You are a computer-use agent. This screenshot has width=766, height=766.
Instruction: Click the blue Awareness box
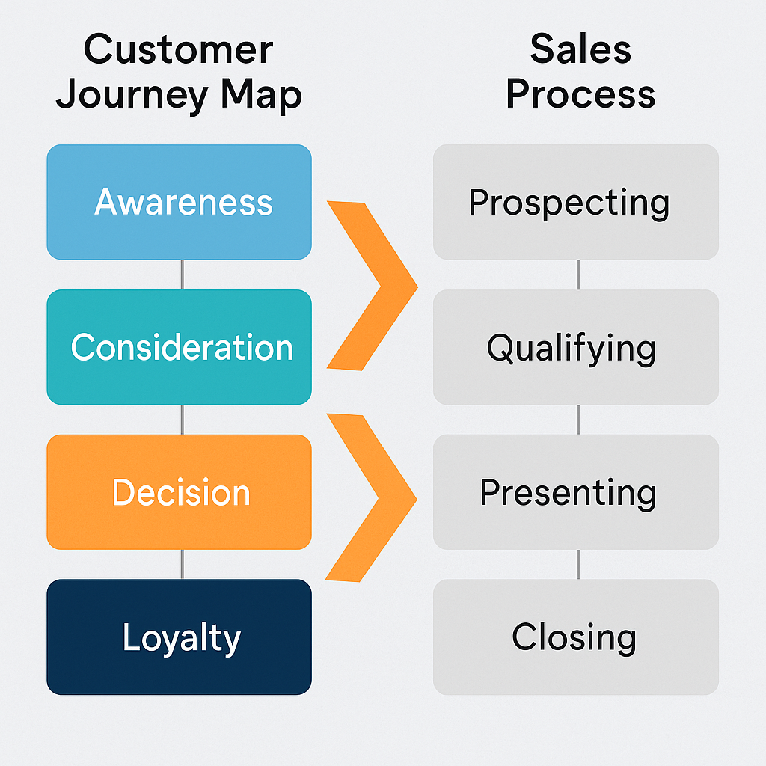point(180,202)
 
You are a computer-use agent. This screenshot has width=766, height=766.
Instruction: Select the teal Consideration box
point(180,347)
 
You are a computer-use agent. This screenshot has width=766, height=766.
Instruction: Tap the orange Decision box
point(180,492)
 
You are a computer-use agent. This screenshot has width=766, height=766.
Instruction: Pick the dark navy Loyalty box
point(180,637)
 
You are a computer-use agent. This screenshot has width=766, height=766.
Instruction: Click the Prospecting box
point(576,202)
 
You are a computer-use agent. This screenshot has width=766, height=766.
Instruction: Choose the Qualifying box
point(576,347)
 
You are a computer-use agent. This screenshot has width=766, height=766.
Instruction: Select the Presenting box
point(576,492)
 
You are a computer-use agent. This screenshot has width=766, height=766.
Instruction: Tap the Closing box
point(576,637)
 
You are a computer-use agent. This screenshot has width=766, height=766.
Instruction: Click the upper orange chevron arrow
point(398,287)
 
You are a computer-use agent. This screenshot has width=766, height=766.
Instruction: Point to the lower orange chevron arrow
point(397,499)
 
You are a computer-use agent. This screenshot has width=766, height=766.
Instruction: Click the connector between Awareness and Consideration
point(183,275)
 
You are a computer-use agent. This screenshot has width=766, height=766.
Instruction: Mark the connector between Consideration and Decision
point(183,420)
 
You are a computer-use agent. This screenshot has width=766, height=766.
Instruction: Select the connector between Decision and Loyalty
point(183,564)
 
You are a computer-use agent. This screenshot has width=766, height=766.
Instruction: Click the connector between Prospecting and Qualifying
point(578,275)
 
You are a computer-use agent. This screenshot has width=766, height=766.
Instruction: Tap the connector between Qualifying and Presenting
point(578,420)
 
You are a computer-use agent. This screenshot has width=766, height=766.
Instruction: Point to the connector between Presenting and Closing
point(578,564)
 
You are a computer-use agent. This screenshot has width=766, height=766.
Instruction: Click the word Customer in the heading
point(178,49)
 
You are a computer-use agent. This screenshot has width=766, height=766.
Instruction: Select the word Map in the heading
point(261,95)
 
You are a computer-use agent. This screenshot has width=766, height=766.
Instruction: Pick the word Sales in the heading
point(580,49)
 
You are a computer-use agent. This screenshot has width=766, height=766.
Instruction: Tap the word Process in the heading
point(580,94)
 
